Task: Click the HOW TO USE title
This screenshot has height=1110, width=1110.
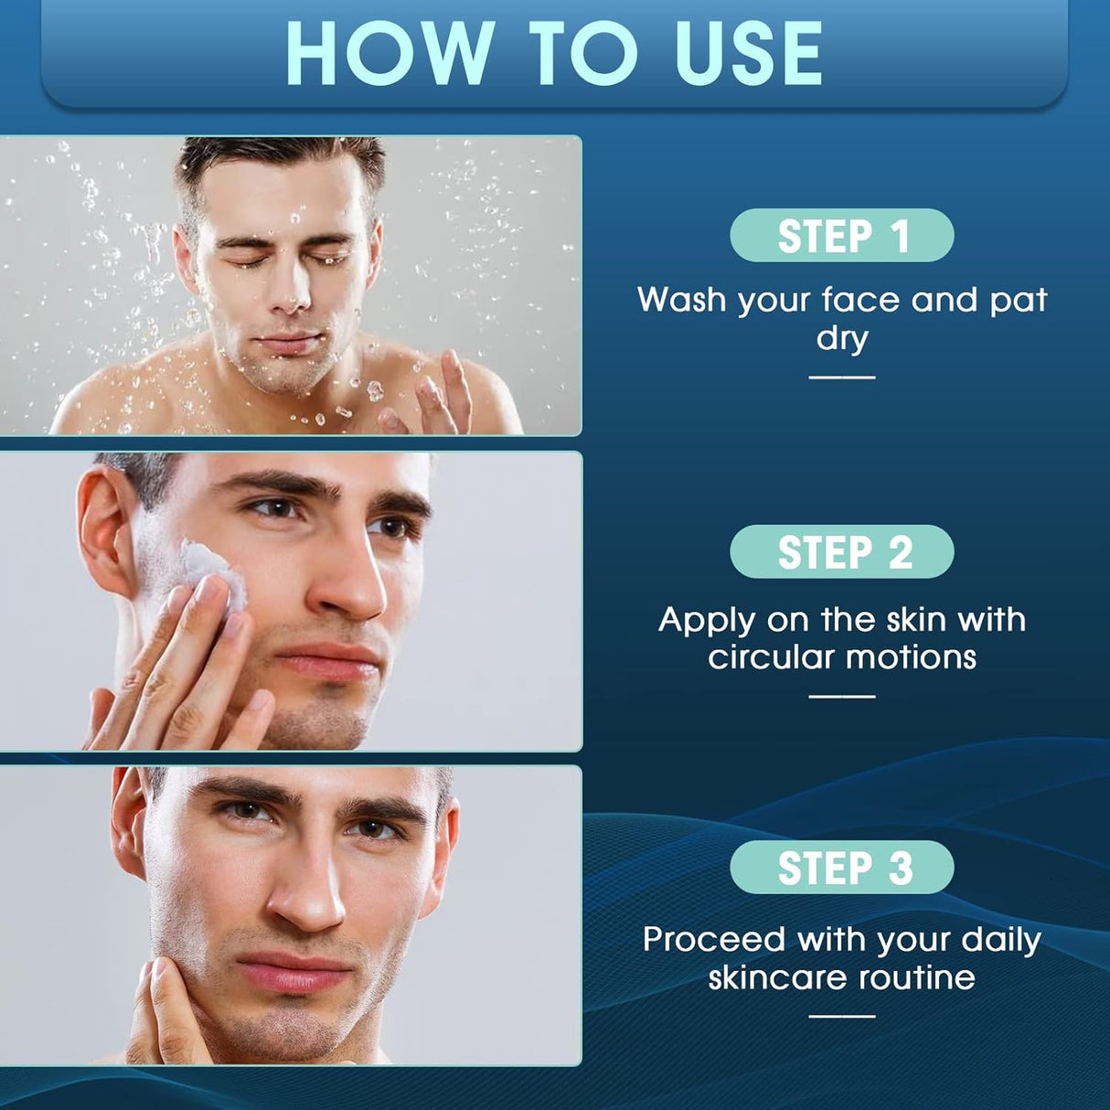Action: click(554, 52)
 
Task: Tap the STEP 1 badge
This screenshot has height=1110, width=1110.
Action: click(842, 236)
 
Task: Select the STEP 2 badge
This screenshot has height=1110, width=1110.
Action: click(842, 552)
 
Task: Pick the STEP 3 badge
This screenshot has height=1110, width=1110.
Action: click(842, 868)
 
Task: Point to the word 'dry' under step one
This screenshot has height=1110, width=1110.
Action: click(841, 338)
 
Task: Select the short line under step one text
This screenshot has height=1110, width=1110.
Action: click(841, 377)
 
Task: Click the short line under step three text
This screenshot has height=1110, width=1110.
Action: click(841, 1015)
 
